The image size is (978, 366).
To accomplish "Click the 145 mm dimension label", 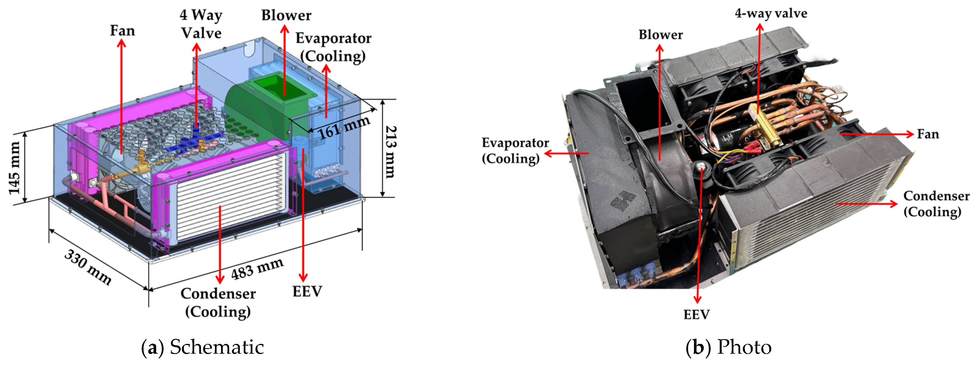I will coord(15,168).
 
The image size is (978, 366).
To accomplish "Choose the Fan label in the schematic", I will coord(122,30).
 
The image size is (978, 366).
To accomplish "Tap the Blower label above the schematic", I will coord(286,15).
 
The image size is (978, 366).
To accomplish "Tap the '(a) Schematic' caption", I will coord(202,347).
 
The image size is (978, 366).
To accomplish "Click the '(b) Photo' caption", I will coord(728,347).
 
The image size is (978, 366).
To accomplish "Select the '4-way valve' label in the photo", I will coord(771,13).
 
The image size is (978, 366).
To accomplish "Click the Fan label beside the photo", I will coord(928,134).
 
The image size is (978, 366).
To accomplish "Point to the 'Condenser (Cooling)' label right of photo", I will coord(936,203).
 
